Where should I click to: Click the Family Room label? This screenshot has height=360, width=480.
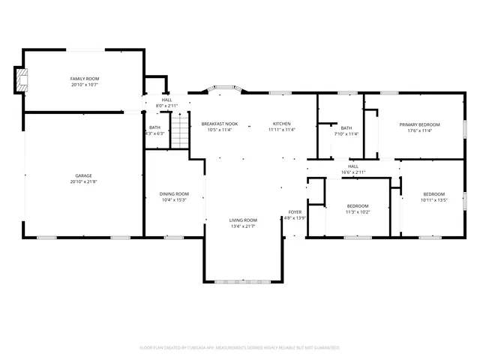pos(85,79)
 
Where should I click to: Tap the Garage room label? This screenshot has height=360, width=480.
pos(84,175)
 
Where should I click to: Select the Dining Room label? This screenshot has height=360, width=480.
pos(174,193)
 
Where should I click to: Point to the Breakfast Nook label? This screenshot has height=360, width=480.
pos(220,124)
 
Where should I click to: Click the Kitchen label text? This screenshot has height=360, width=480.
pos(282,124)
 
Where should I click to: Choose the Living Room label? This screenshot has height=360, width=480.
pos(243,220)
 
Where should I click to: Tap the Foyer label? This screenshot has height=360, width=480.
pos(295,211)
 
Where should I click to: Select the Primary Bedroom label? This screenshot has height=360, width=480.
pos(419,124)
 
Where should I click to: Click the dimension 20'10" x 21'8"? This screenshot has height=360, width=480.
pos(84,181)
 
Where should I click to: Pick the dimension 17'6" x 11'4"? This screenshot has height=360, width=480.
pos(419,130)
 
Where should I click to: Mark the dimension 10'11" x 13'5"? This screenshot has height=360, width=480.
pos(433,200)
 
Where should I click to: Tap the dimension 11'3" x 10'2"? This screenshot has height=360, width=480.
pos(358,211)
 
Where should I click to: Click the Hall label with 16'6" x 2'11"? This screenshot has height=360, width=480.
pos(353,166)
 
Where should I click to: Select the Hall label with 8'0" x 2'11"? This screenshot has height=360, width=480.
pos(166,100)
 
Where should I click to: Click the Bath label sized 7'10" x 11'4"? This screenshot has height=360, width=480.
pos(325,128)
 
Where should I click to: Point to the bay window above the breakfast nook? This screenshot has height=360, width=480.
pos(224,88)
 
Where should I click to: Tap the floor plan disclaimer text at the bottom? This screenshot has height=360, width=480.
pos(240,348)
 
